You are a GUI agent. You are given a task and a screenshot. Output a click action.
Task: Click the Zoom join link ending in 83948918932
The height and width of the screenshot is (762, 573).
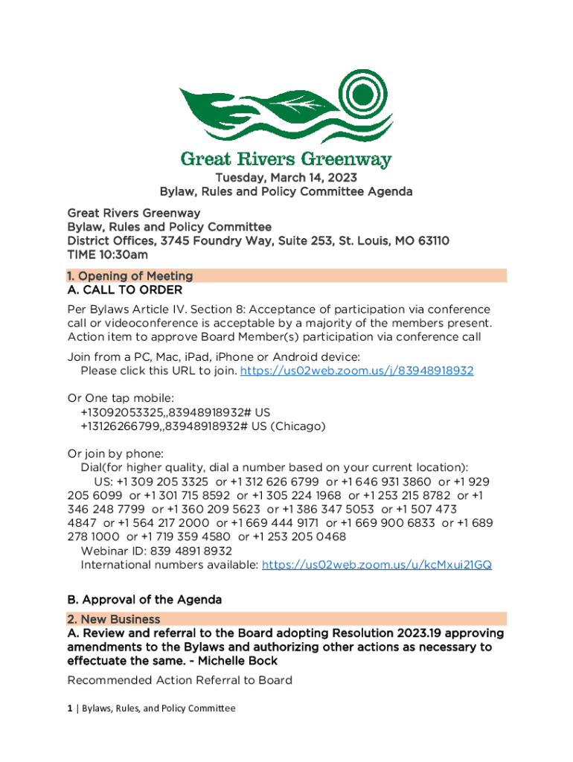click(356, 371)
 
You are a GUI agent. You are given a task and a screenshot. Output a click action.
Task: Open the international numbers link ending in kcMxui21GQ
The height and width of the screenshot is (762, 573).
click(377, 565)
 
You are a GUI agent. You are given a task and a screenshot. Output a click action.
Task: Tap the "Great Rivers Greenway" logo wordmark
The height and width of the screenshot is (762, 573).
click(286, 159)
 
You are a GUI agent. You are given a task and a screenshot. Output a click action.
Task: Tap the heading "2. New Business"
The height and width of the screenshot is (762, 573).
click(114, 619)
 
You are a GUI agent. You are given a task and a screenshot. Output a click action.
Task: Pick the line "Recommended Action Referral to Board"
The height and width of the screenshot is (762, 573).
click(179, 680)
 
